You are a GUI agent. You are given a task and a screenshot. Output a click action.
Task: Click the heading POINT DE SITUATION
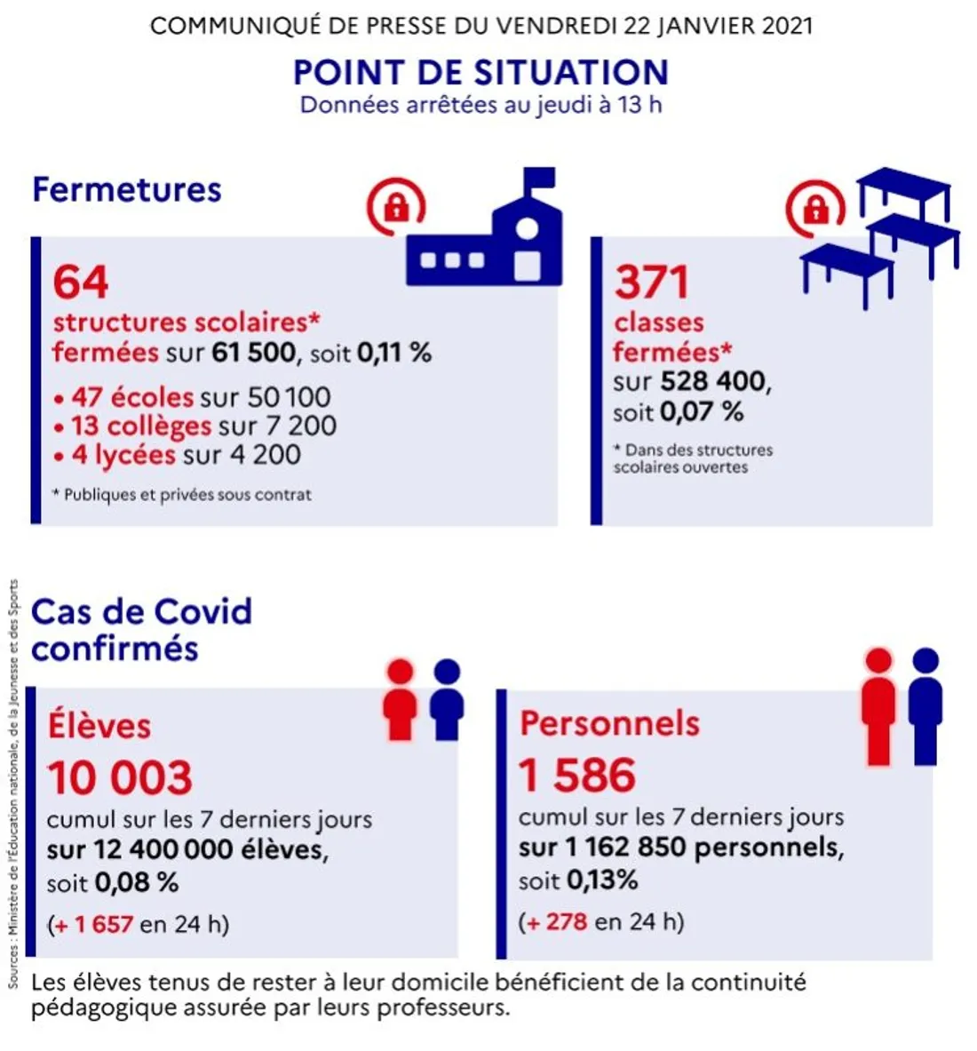coord(481,72)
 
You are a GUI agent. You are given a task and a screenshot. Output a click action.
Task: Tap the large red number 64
coord(81,282)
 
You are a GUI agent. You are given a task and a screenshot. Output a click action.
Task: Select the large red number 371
coord(652,282)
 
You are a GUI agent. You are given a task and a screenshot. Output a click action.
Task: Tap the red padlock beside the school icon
coord(396,208)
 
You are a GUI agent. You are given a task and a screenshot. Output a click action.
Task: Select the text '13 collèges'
coord(141,426)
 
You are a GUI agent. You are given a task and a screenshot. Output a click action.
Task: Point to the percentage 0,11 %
coord(394,353)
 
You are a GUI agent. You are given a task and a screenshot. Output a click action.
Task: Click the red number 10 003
coord(120,777)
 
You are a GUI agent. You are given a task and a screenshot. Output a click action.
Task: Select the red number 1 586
coord(577,775)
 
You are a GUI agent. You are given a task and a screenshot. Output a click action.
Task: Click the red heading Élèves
coord(99,726)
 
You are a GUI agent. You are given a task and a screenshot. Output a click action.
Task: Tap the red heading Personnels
coord(609,723)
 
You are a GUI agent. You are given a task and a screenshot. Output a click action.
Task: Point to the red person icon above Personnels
coord(878,706)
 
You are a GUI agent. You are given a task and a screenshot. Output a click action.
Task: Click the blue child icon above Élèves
coord(447,700)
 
